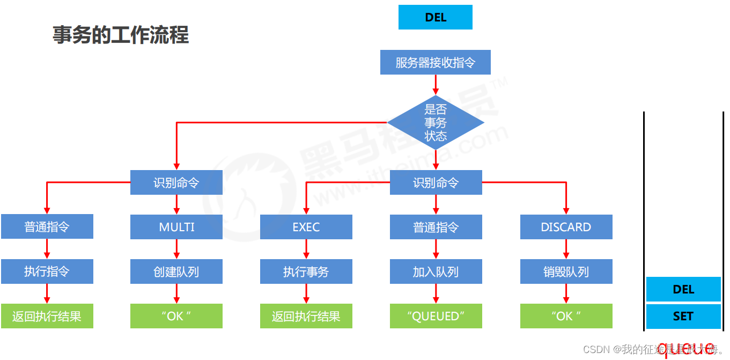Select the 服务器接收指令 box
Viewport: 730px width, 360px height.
tap(436, 62)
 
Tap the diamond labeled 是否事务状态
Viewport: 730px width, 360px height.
tap(436, 123)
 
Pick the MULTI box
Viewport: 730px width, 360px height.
tap(176, 227)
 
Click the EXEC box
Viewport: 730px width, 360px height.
tap(306, 227)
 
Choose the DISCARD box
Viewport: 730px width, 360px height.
tap(566, 227)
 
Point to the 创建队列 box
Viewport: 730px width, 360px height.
tap(176, 271)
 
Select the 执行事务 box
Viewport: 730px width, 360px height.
tap(306, 271)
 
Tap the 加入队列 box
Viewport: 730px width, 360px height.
tap(436, 271)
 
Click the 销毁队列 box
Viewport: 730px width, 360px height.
tap(566, 271)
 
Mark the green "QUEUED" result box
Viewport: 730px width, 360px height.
tap(436, 316)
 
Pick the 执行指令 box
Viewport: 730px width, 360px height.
tap(47, 271)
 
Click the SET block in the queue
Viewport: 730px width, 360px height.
tap(683, 317)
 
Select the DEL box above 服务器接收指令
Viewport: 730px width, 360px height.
tap(436, 17)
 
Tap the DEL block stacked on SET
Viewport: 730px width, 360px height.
tap(683, 289)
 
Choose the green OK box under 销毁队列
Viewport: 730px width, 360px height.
tap(566, 316)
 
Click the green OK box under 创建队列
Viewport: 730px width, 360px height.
tap(176, 316)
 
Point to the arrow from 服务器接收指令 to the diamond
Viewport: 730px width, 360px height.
tap(436, 84)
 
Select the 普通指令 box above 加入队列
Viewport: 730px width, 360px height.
tap(436, 227)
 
